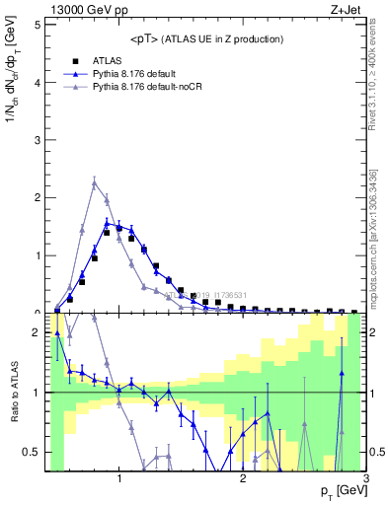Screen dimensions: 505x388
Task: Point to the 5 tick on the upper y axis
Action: click(38, 24)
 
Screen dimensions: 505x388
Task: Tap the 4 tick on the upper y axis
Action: click(38, 82)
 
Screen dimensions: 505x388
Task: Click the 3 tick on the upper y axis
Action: click(38, 140)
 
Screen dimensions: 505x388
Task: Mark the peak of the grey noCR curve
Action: click(94, 182)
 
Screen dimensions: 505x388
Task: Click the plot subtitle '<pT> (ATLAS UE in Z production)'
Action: click(206, 38)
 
